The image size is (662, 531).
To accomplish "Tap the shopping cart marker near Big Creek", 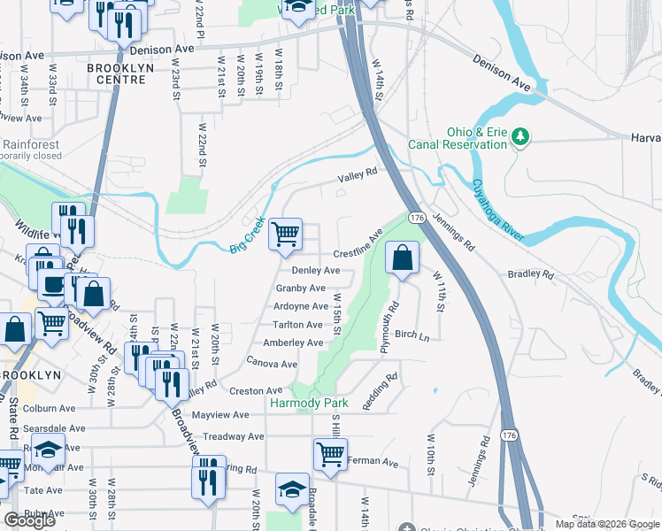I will pyautogui.click(x=285, y=235).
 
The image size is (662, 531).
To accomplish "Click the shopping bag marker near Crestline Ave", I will pyautogui.click(x=402, y=258).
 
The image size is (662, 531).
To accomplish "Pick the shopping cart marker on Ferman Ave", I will pyautogui.click(x=330, y=455).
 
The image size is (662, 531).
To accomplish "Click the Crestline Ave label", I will pyautogui.click(x=358, y=245).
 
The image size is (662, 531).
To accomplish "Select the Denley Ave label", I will pyautogui.click(x=316, y=270).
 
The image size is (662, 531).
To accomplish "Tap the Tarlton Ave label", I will pyautogui.click(x=297, y=325).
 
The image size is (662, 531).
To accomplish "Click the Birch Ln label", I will pyautogui.click(x=412, y=335).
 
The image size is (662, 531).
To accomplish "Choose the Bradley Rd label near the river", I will pyautogui.click(x=530, y=274).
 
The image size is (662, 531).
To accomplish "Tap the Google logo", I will pyautogui.click(x=29, y=520).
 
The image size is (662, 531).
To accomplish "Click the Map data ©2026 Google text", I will pyautogui.click(x=606, y=524).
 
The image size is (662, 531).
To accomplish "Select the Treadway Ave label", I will pyautogui.click(x=234, y=436).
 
